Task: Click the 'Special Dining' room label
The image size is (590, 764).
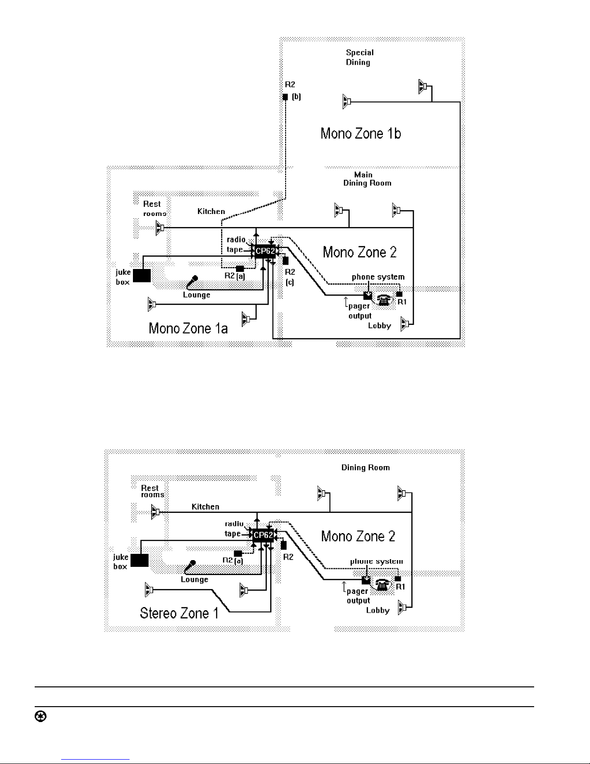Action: [x=359, y=57]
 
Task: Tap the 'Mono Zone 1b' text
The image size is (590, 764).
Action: [x=361, y=134]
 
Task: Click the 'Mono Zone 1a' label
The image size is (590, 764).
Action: [x=188, y=329]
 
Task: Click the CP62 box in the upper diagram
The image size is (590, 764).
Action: [x=265, y=251]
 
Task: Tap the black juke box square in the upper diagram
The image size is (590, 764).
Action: [x=142, y=276]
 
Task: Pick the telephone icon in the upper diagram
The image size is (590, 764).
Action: [x=384, y=300]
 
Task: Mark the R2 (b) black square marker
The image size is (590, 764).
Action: [x=285, y=97]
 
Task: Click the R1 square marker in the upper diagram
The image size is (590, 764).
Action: [x=399, y=294]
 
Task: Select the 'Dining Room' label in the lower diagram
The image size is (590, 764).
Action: [x=366, y=468]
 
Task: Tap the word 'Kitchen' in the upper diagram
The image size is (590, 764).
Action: [x=211, y=212]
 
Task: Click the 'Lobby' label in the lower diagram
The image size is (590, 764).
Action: [x=378, y=610]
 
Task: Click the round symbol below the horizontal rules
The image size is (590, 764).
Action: [x=40, y=717]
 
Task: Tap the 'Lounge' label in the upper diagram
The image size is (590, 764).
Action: [x=197, y=295]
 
